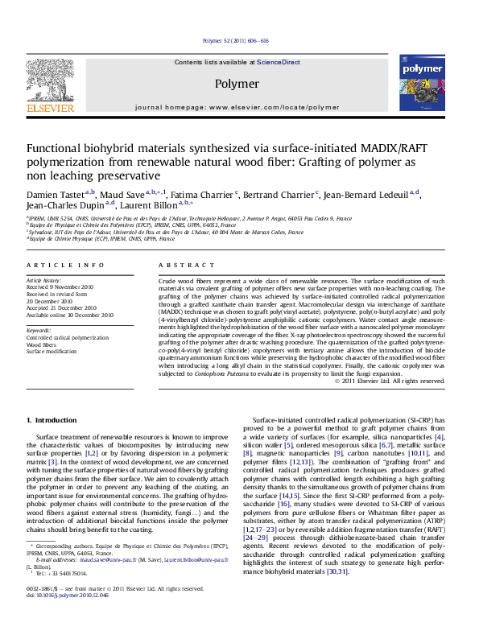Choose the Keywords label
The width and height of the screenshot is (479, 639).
coord(39,330)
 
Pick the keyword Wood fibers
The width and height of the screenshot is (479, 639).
coord(41,344)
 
